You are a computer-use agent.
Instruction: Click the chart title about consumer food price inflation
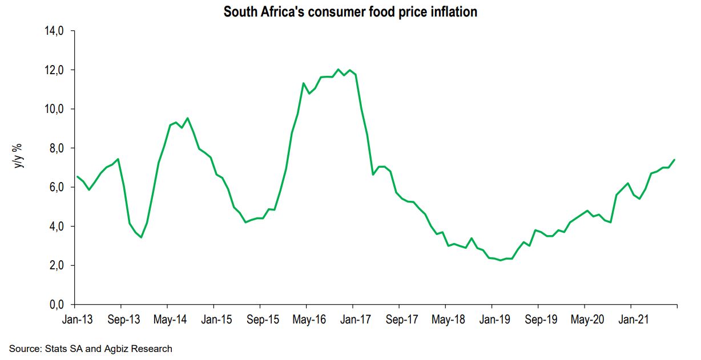click(350, 12)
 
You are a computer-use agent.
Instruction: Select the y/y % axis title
click(19, 154)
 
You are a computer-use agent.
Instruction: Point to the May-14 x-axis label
click(170, 319)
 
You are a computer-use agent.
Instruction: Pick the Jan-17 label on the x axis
click(354, 319)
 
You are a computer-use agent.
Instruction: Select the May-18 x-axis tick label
click(448, 319)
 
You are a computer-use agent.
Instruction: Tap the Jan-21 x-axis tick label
click(632, 319)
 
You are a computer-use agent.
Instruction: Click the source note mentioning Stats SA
click(90, 348)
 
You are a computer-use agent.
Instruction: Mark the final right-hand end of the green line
click(675, 160)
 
